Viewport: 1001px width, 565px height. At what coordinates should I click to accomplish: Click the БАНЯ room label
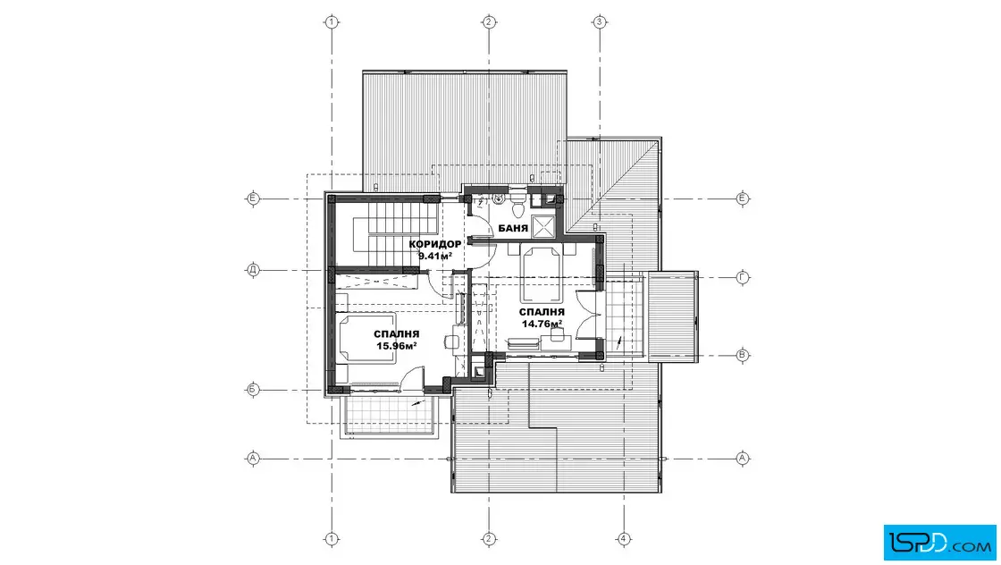pos(513,228)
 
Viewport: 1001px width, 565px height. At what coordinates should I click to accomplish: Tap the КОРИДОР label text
pos(434,244)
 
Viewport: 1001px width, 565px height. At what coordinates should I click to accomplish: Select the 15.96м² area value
pos(397,345)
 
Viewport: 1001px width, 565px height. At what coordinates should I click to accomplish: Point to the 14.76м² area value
pos(542,324)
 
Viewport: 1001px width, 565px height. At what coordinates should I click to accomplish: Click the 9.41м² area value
pos(434,256)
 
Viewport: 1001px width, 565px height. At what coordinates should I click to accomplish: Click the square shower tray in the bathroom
pos(544,226)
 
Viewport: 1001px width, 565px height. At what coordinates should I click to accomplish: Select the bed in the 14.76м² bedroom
pos(542,273)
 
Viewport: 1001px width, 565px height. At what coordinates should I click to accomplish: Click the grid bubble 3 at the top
pos(599,22)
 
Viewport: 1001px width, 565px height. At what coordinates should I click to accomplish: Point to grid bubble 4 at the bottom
pos(624,539)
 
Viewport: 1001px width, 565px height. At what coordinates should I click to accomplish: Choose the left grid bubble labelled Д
pos(253,270)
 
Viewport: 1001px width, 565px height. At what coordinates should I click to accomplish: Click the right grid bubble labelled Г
pos(742,277)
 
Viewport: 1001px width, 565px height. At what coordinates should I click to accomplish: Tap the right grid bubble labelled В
pos(742,355)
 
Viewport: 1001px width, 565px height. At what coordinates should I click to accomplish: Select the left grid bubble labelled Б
pos(253,390)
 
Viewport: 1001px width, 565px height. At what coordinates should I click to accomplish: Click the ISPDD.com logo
pos(939,543)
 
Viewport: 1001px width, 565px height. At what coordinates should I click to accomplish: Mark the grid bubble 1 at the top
pos(331,22)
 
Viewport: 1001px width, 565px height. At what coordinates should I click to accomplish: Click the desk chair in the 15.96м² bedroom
pos(451,342)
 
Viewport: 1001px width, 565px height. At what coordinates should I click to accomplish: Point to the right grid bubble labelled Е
pos(742,198)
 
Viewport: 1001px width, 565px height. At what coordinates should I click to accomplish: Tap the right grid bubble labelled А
pos(742,458)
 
